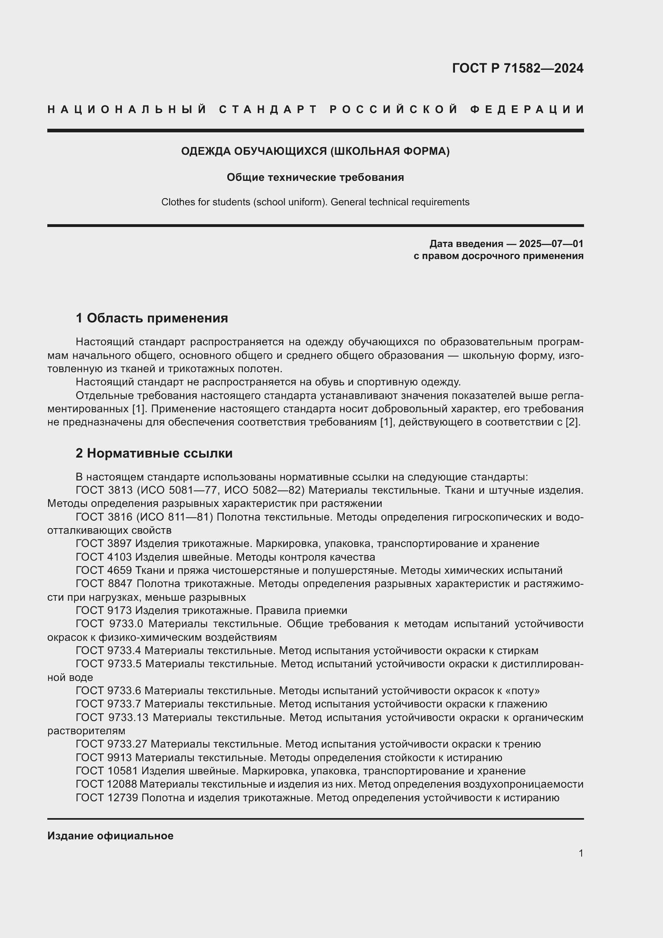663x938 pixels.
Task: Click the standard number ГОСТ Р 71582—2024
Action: click(x=517, y=68)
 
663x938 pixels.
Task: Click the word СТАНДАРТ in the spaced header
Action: click(x=268, y=109)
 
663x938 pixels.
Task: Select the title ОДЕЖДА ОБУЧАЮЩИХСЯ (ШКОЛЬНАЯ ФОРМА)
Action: click(x=315, y=151)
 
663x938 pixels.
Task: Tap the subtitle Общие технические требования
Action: click(x=315, y=177)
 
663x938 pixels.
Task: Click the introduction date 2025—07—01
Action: click(x=551, y=244)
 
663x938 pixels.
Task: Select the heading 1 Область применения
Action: click(x=152, y=318)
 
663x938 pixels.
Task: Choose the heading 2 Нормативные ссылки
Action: click(x=154, y=453)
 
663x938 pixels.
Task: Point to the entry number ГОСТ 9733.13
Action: click(x=113, y=718)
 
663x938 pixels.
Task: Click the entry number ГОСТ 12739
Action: click(x=107, y=798)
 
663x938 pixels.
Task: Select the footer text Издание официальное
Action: click(x=110, y=836)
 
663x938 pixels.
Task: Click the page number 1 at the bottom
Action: click(x=580, y=853)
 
